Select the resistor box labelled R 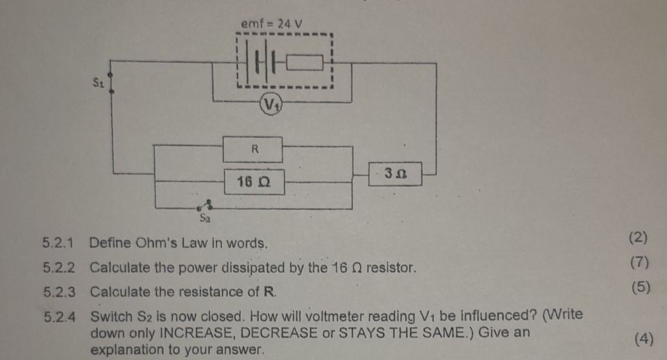point(253,149)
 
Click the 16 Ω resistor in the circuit point(253,181)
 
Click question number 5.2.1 point(59,244)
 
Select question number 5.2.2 point(59,267)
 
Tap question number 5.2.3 point(59,292)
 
